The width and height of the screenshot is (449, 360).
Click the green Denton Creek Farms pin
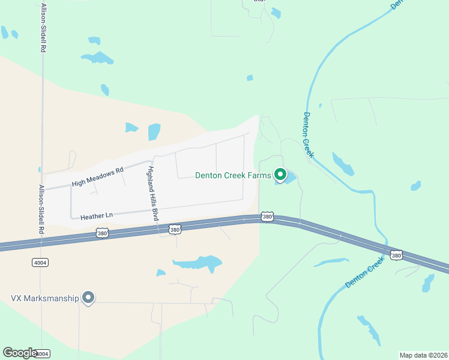tap(280, 175)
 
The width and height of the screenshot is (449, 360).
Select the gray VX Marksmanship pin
tap(88, 297)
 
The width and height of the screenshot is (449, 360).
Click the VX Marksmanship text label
tap(45, 298)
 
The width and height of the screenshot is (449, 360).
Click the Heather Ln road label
tap(92, 215)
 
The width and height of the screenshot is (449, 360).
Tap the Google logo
tap(20, 353)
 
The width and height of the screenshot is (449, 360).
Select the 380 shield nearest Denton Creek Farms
tap(268, 216)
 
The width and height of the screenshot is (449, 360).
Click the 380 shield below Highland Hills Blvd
tap(174, 229)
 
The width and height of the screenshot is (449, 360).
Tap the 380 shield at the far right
tap(396, 255)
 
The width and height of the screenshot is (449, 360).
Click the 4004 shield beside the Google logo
tap(43, 354)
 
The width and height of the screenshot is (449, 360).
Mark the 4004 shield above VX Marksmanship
tap(40, 262)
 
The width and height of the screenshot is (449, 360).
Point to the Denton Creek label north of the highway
tap(309, 135)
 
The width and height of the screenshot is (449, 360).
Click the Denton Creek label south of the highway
tap(364, 274)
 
